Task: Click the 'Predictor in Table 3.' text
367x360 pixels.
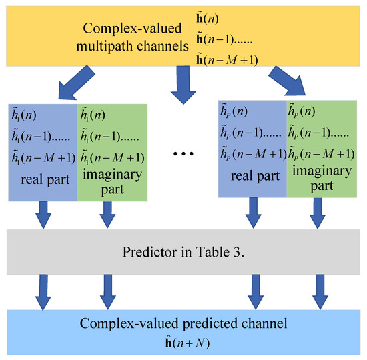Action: click(183, 252)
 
